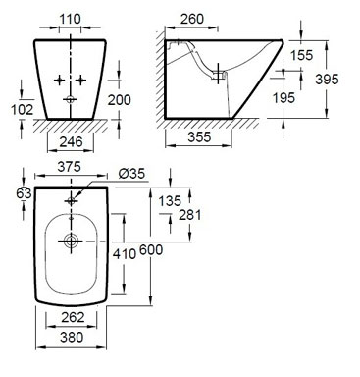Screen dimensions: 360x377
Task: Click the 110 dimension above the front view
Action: [70, 19]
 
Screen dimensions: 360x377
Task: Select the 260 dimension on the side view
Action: [192, 19]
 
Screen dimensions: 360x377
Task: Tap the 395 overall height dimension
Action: [327, 79]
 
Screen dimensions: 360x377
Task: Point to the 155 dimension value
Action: [301, 55]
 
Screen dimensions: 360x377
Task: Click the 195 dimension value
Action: [283, 97]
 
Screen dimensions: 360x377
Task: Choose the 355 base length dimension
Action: [199, 136]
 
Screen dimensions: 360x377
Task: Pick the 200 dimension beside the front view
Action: [120, 100]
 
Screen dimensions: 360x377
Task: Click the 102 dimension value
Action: [23, 109]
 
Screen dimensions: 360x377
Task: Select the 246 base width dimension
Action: [72, 141]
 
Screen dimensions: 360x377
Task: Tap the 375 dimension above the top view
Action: [69, 167]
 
